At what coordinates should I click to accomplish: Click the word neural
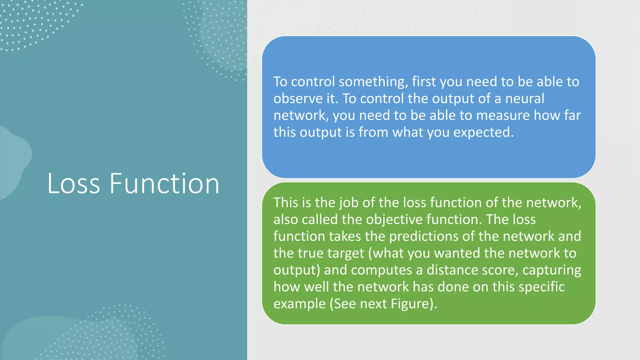525,99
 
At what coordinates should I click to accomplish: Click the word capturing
552,270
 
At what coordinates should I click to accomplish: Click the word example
299,304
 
